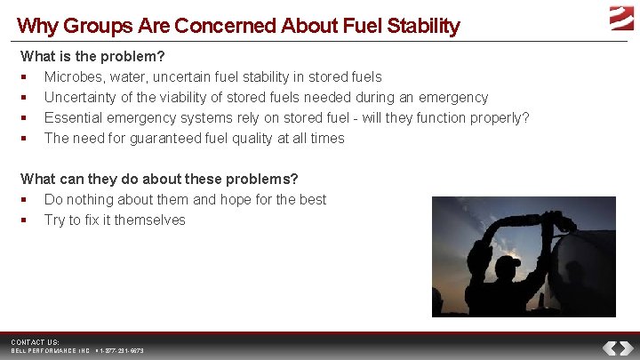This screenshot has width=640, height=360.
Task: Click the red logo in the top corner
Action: click(621, 17)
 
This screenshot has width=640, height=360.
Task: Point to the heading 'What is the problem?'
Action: click(93, 56)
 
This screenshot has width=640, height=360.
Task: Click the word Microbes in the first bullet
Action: click(74, 76)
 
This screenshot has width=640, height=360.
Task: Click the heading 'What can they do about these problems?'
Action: click(159, 179)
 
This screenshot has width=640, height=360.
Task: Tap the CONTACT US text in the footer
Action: click(35, 342)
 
